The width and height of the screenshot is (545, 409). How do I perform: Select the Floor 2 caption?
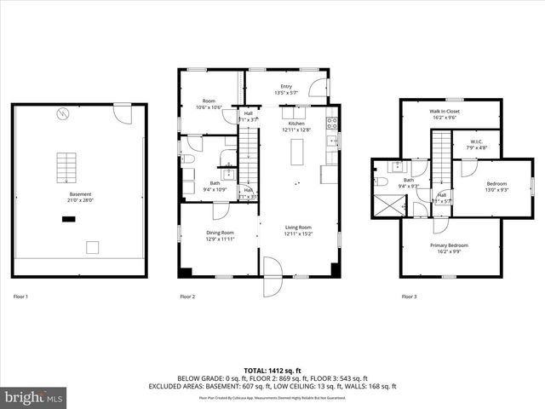tap(187, 297)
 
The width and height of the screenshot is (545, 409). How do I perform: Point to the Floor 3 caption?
tap(410, 297)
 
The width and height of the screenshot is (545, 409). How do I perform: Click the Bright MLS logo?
tap(34, 397)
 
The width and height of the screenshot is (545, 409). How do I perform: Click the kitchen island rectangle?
tap(297, 153)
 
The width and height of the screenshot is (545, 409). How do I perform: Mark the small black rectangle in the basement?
tap(68, 219)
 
